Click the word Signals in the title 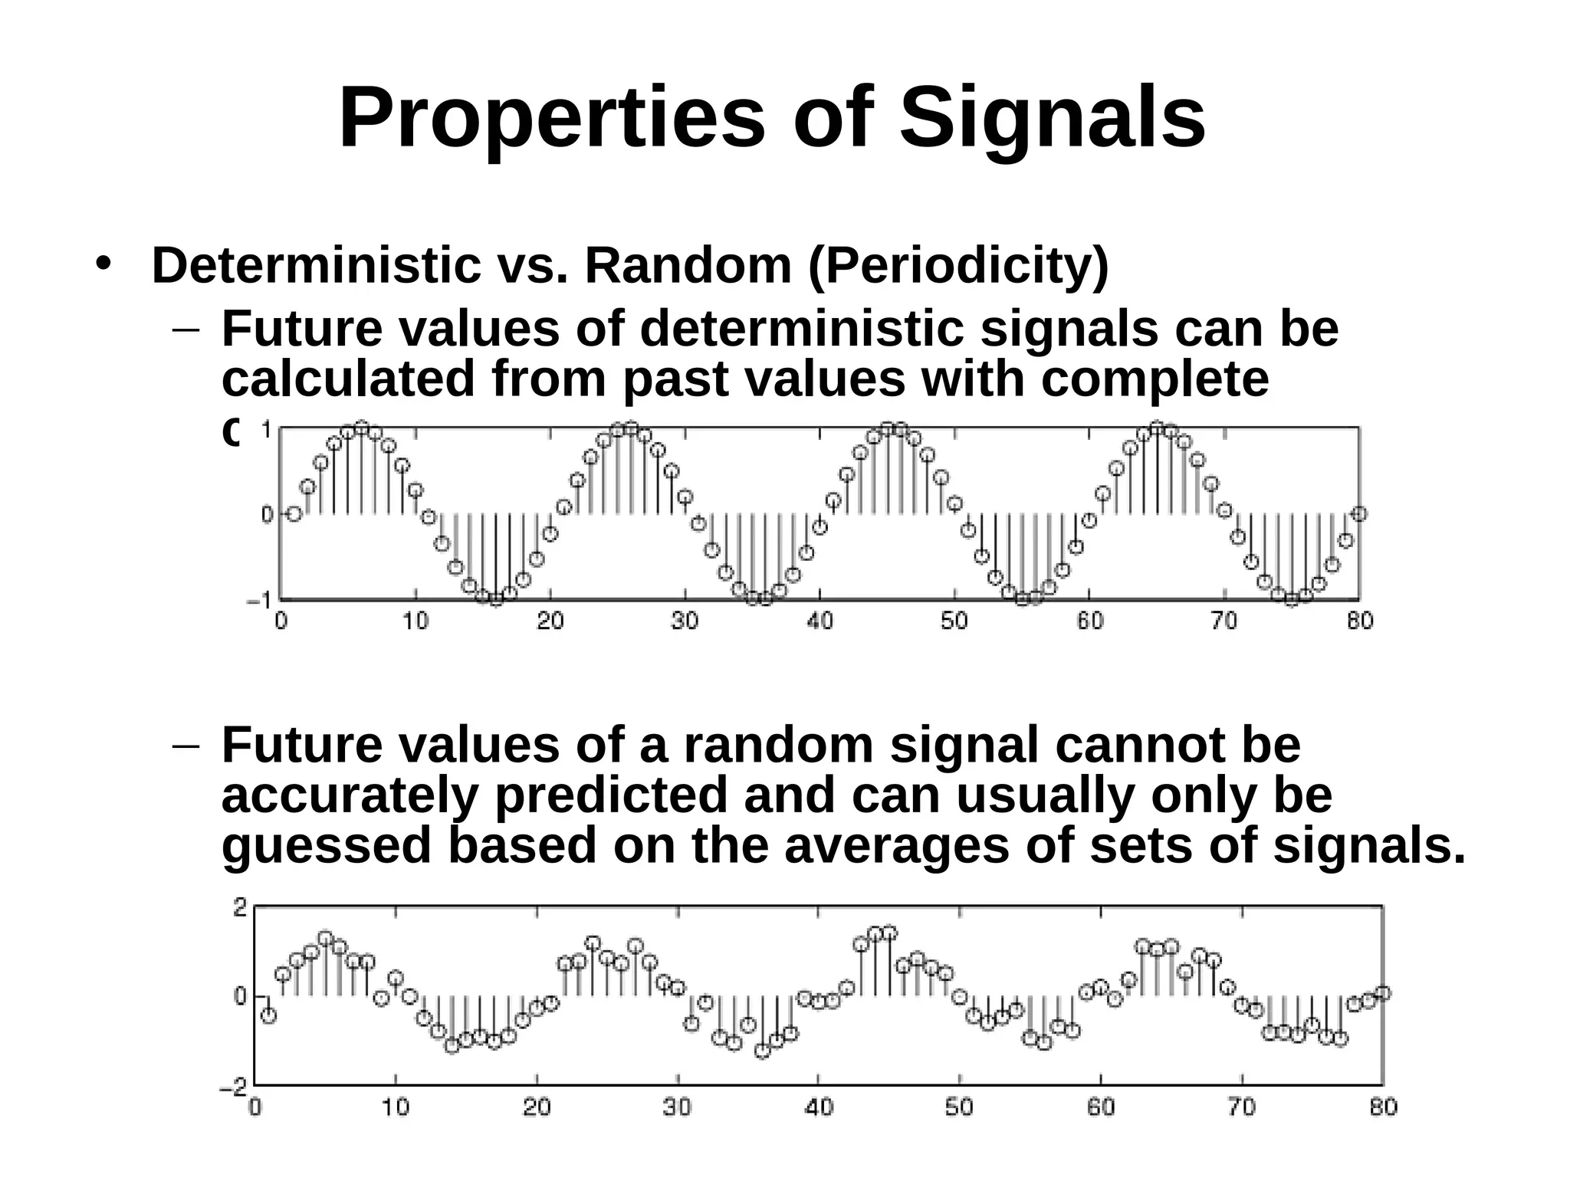[1052, 119]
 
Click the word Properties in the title [551, 119]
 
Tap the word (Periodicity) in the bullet [957, 266]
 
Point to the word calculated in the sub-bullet [348, 379]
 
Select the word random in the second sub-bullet [778, 744]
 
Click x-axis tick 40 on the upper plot [819, 621]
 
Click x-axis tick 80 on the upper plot [1359, 621]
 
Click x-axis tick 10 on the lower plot [396, 1107]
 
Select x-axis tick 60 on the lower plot [1101, 1107]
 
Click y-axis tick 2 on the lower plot [240, 908]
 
